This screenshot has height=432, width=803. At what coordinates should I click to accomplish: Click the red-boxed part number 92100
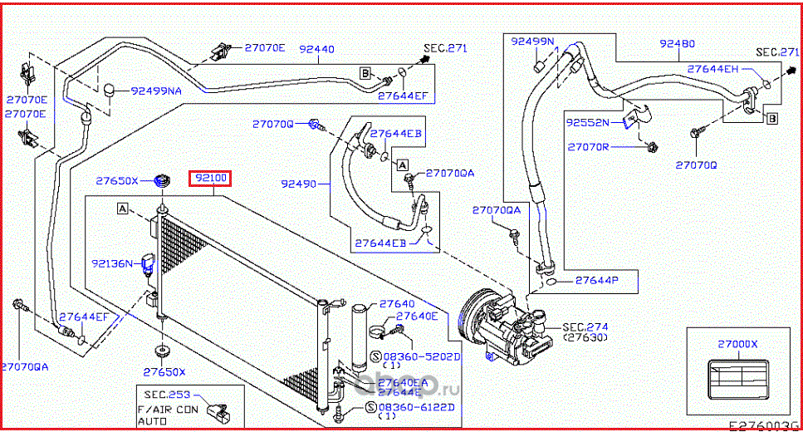(212, 179)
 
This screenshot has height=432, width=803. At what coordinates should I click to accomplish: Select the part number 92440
(316, 49)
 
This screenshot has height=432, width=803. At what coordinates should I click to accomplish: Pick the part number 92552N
(588, 122)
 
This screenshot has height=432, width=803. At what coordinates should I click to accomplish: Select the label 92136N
(112, 263)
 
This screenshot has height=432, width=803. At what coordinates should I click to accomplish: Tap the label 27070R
(588, 147)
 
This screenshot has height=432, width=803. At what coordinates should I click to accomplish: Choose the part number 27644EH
(712, 69)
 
